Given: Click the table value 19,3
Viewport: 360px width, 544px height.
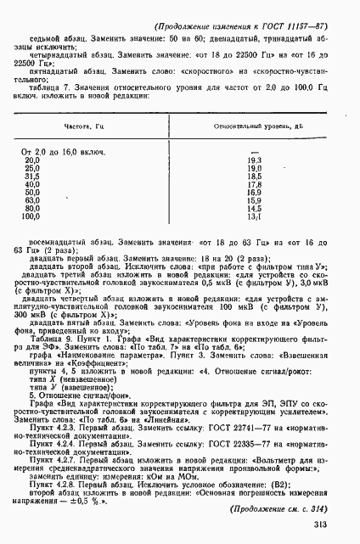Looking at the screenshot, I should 252,159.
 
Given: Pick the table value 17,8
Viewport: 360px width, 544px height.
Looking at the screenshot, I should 252,183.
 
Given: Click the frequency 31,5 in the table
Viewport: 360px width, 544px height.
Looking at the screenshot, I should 31,175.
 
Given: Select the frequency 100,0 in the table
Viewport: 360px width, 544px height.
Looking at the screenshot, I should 31,216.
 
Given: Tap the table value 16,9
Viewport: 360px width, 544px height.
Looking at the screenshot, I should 252,192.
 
